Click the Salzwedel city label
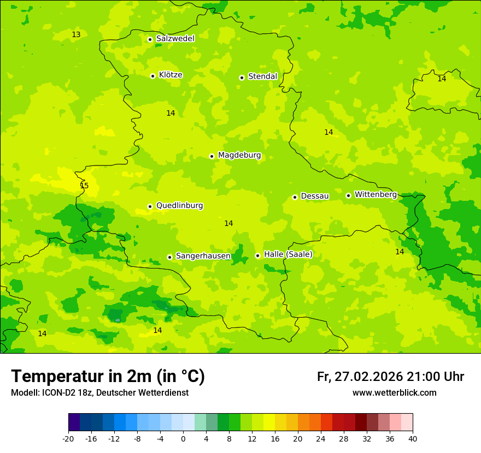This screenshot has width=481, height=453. tap(175, 39)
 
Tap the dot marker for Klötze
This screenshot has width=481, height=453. tap(152, 76)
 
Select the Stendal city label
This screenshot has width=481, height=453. tap(262, 76)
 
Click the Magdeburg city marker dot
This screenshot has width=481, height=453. tap(212, 156)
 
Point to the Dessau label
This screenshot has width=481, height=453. tap(315, 196)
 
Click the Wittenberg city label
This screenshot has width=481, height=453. tap(376, 194)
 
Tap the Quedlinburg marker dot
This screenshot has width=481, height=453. tap(150, 206)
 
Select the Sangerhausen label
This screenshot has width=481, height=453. tap(203, 256)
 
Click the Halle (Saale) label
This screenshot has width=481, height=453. tap(288, 254)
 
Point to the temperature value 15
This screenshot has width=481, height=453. tap(84, 186)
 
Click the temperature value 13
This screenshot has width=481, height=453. tap(76, 35)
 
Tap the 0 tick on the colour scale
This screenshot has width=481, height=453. tap(183, 438)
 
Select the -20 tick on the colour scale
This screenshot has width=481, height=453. tap(68, 438)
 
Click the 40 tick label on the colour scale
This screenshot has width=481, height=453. tap(413, 438)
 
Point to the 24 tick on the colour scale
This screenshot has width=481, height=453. tap(321, 438)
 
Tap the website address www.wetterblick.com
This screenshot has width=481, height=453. tap(394, 392)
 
